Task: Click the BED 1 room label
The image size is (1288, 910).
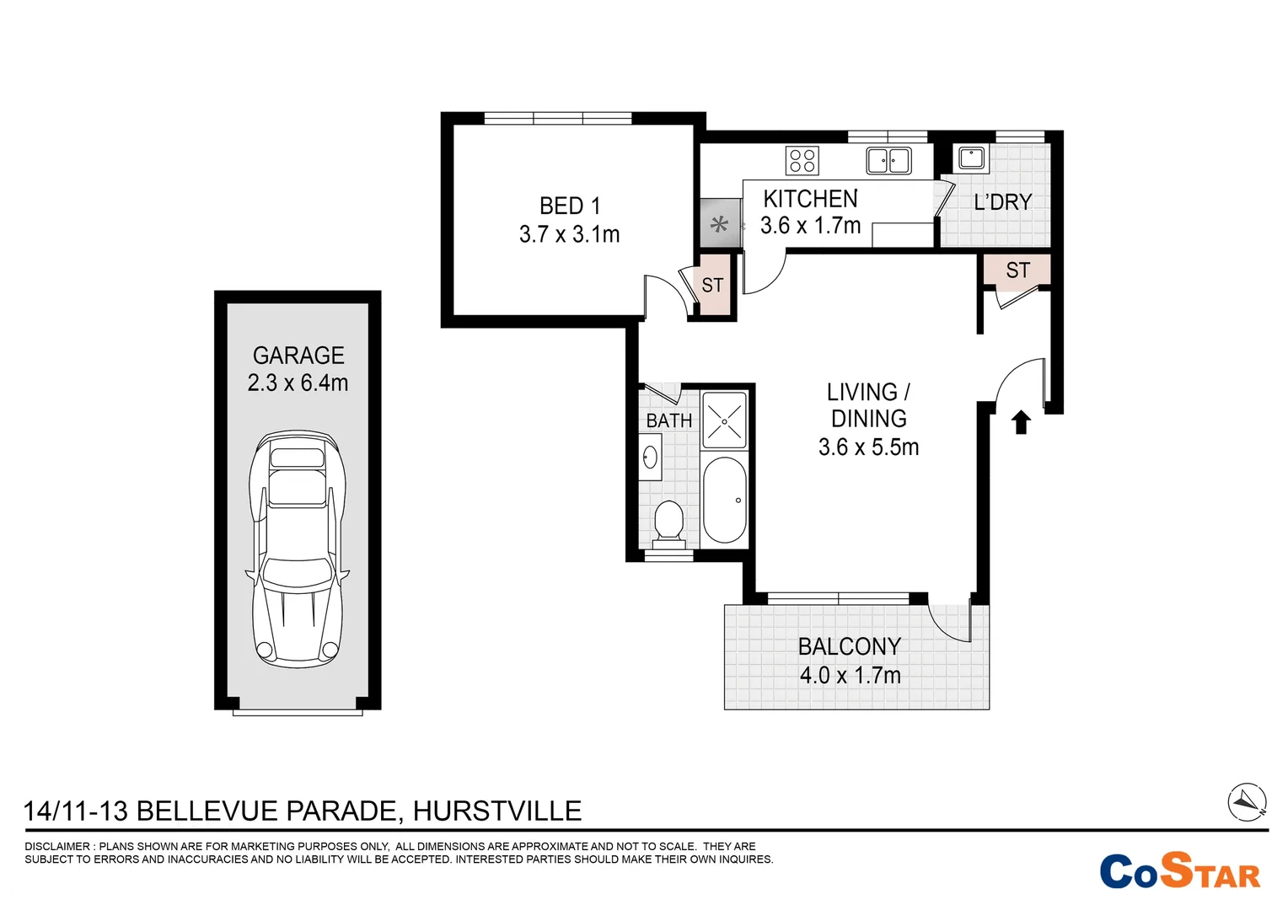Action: point(570,206)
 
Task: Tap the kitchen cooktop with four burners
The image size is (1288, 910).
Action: point(802,160)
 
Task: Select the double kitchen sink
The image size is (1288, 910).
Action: point(888,160)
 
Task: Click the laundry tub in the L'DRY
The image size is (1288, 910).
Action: point(971,158)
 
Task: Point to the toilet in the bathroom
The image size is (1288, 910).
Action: point(668,522)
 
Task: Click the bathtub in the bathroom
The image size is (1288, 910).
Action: point(724,500)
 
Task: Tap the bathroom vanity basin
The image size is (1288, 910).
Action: point(650,458)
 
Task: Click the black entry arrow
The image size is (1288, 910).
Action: point(1021,421)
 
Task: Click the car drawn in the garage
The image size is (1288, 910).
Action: point(298,548)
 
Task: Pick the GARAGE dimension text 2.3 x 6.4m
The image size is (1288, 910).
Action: point(298,383)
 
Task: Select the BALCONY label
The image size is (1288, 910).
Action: point(850,646)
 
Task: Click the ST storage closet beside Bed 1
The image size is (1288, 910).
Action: point(712,285)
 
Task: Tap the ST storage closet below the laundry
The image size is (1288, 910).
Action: point(1017,270)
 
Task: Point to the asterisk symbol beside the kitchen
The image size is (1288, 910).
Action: point(719,224)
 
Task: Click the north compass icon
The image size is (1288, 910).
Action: point(1247,801)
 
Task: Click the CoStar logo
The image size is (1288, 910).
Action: point(1179,872)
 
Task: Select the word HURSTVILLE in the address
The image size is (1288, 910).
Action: point(496,811)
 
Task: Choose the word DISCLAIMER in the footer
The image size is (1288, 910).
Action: point(56,846)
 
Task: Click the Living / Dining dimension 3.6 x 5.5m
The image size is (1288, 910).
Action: point(868,447)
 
